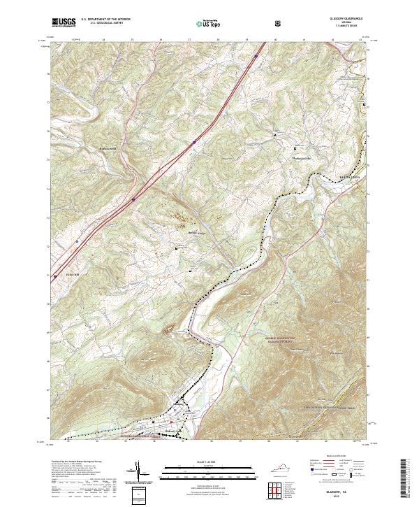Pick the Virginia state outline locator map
279,465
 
